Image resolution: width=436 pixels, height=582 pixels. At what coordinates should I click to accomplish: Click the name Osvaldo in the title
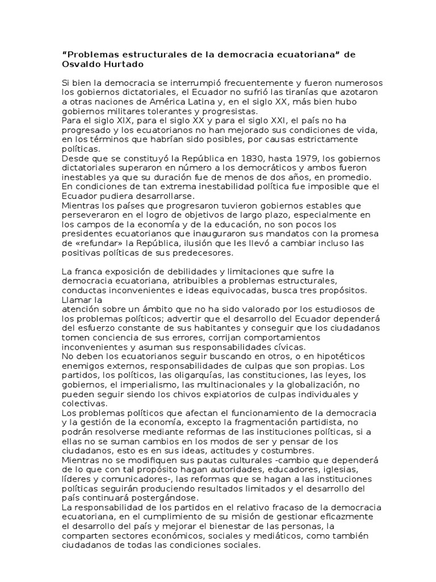(80, 64)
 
